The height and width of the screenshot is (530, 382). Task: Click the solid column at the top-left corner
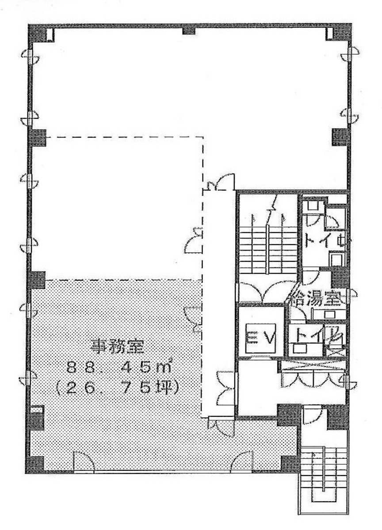click(x=38, y=33)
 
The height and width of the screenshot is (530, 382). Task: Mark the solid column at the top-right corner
click(x=340, y=33)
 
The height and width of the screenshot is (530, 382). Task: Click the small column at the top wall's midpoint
click(x=189, y=31)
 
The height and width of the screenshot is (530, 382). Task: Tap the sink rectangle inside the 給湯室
click(x=317, y=313)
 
